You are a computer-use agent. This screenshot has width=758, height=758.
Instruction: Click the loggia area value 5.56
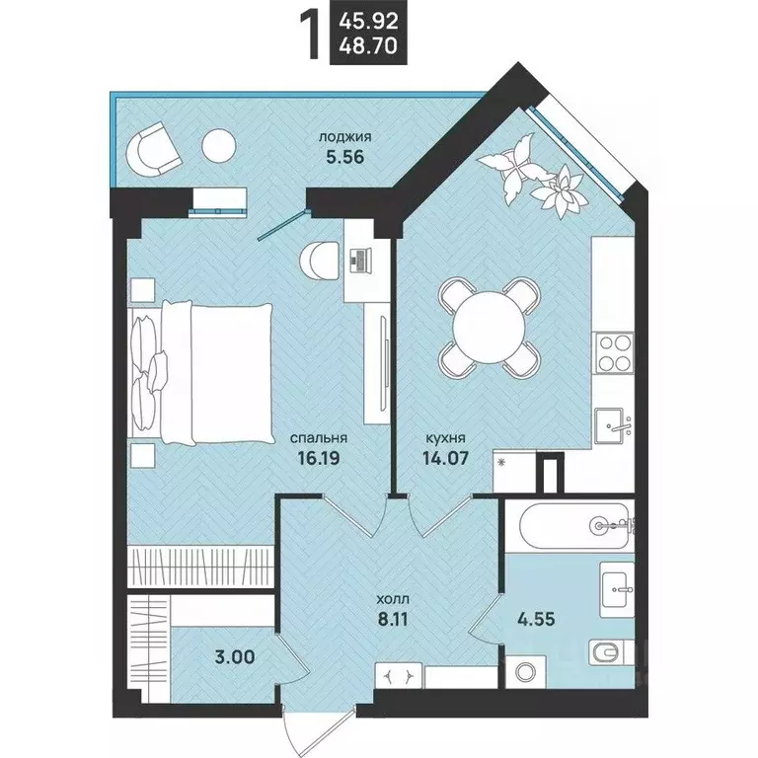(x=344, y=157)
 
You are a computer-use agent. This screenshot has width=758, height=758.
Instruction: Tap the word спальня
(x=318, y=438)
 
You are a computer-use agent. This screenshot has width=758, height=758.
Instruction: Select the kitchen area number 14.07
(x=445, y=457)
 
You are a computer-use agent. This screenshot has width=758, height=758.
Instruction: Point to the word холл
(x=393, y=600)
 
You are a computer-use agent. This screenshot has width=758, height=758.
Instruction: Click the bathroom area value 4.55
(x=537, y=618)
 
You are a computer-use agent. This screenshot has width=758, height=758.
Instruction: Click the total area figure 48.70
(x=368, y=46)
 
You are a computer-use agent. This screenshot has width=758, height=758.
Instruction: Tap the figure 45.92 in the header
(x=368, y=21)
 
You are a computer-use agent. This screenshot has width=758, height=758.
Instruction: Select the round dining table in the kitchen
(x=489, y=328)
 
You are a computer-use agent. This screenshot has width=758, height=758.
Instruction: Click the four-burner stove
(x=615, y=353)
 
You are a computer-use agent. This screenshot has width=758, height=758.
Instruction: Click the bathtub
(x=574, y=526)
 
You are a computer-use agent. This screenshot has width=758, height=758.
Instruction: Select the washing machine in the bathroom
(x=525, y=671)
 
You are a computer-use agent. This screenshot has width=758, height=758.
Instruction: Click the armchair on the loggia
(x=153, y=150)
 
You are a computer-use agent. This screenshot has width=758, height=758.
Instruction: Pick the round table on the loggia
(x=218, y=146)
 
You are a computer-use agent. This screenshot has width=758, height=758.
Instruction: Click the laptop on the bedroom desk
(x=359, y=261)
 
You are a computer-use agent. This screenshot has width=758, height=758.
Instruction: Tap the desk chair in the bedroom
(x=318, y=261)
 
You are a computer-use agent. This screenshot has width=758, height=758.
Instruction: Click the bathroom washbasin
(x=616, y=589)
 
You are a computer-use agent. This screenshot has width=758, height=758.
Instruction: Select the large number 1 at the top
(x=310, y=36)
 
